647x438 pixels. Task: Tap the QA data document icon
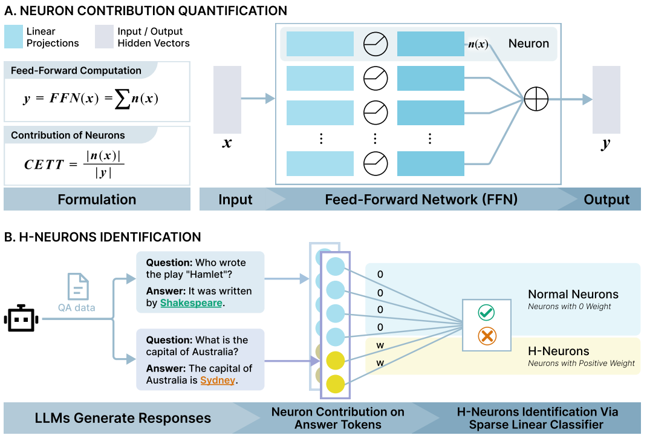[78, 287]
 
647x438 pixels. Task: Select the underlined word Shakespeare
[191, 302]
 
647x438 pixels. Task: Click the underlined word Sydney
[217, 380]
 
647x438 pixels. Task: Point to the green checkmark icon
[486, 312]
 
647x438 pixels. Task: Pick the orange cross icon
[486, 335]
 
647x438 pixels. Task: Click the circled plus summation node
[536, 99]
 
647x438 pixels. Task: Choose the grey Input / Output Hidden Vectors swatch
[103, 37]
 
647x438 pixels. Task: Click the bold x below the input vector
[227, 143]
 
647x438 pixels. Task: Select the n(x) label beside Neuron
[478, 44]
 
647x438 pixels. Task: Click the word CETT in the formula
[44, 165]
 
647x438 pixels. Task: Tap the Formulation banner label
[97, 199]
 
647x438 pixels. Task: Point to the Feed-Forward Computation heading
[76, 71]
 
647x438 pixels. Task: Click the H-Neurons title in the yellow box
[558, 351]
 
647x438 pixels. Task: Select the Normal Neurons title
[573, 295]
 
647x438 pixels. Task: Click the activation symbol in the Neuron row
[375, 44]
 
